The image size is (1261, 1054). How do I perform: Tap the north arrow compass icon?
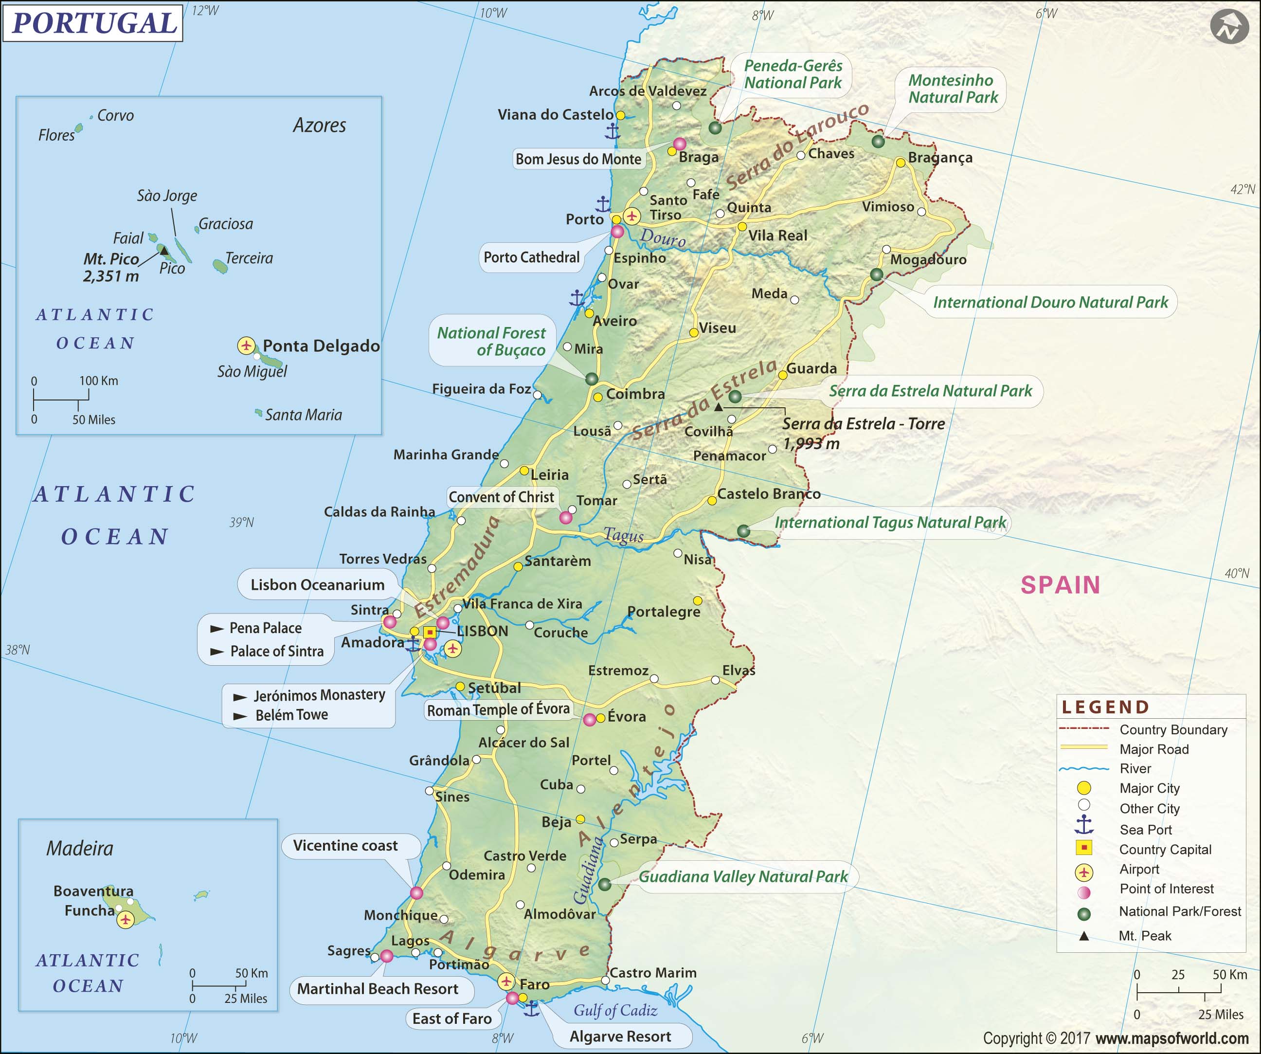click(1228, 27)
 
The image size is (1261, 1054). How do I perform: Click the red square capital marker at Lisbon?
click(430, 633)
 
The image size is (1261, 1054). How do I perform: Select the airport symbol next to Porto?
click(631, 216)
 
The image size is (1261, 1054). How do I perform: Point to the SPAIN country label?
click(1061, 585)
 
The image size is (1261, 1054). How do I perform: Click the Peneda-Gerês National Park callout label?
click(793, 74)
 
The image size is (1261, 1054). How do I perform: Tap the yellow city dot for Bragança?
click(900, 163)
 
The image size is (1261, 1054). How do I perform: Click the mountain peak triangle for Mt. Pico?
click(164, 250)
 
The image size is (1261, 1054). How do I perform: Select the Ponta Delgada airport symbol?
click(246, 345)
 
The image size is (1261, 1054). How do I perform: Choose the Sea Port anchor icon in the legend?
click(1084, 826)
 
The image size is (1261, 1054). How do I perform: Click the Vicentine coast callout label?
click(345, 846)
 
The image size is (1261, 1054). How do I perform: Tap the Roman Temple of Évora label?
click(498, 710)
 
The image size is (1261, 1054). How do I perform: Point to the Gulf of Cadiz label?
click(615, 1011)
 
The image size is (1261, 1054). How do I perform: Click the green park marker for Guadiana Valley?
click(605, 884)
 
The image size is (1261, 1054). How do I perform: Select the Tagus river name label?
click(623, 534)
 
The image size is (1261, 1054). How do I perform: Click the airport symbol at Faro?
click(506, 981)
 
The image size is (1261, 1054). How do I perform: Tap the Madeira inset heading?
click(80, 849)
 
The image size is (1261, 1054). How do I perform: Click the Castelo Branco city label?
click(769, 494)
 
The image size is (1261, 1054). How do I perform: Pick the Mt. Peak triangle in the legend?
click(1084, 936)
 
